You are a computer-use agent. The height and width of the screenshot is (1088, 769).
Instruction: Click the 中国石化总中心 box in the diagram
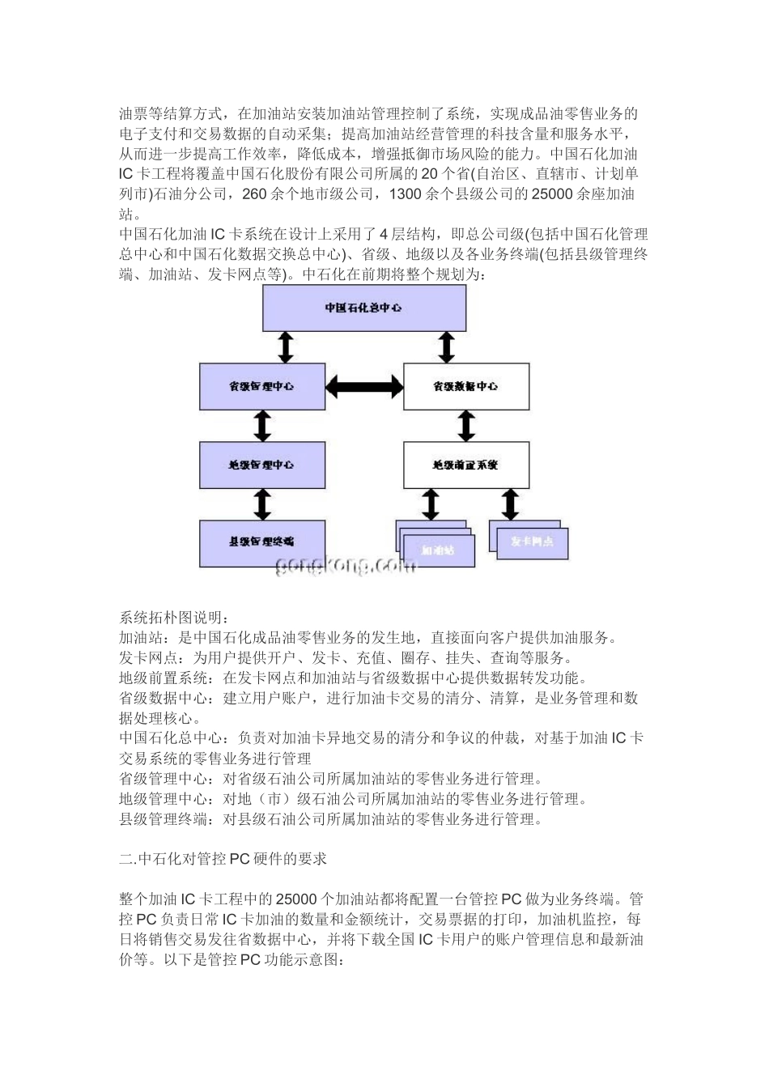(x=364, y=308)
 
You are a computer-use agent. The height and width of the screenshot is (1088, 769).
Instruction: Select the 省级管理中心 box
(x=262, y=386)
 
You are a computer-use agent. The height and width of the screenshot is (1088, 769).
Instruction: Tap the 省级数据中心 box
(x=465, y=386)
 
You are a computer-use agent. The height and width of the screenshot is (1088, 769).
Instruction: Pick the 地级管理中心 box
(x=262, y=465)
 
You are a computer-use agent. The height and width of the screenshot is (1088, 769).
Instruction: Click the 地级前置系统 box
(x=465, y=465)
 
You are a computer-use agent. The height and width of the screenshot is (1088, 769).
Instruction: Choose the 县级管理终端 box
(x=262, y=542)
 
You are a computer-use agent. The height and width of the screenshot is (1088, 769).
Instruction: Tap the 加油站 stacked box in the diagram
(x=438, y=550)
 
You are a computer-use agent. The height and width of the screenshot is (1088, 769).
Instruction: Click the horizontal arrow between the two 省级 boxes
(x=364, y=386)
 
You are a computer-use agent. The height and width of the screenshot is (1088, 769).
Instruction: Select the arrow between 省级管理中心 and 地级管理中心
(x=261, y=425)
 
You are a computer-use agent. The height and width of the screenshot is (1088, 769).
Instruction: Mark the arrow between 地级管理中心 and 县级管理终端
(x=261, y=504)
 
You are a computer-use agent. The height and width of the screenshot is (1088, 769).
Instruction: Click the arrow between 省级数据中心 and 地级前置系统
(x=465, y=425)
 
